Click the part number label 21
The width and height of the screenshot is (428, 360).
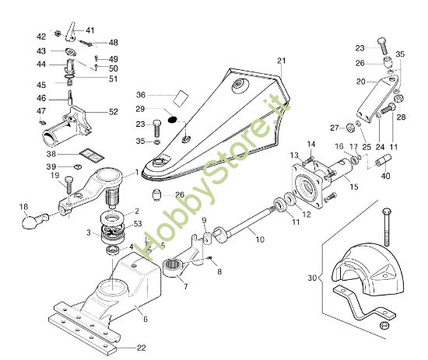[281, 61]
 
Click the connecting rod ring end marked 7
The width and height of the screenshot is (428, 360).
[174, 269]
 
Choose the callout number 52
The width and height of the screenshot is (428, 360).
[114, 112]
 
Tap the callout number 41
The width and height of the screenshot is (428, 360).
[89, 30]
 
